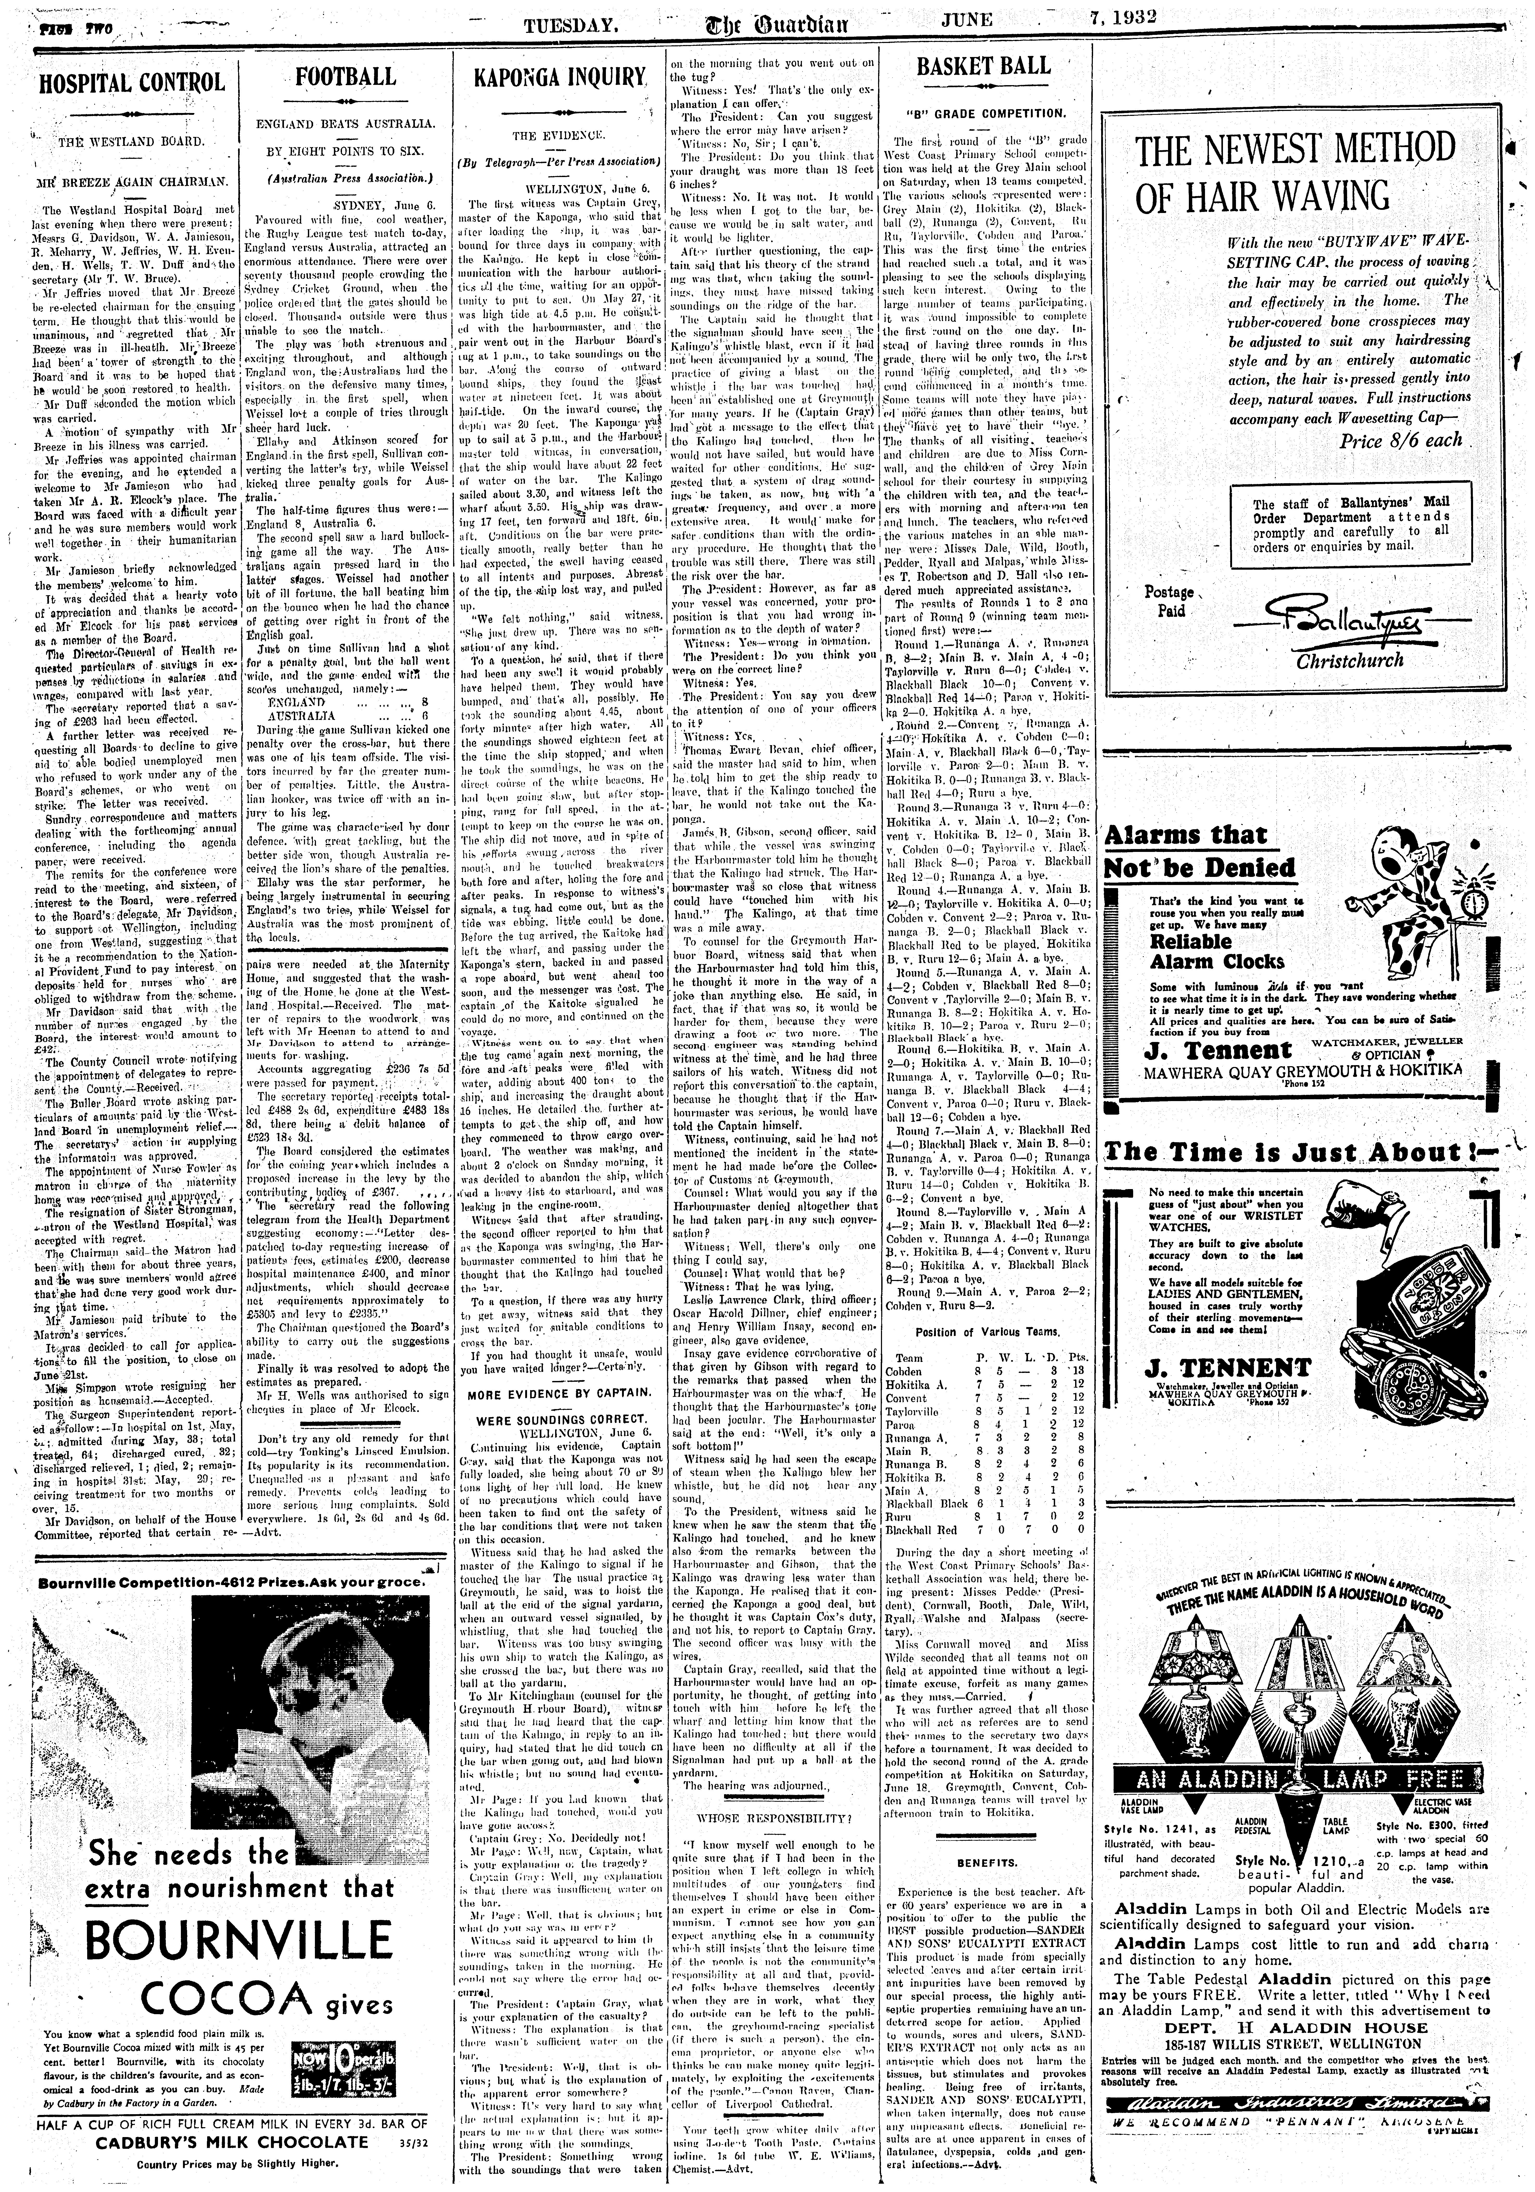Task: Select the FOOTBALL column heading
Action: tap(346, 76)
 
